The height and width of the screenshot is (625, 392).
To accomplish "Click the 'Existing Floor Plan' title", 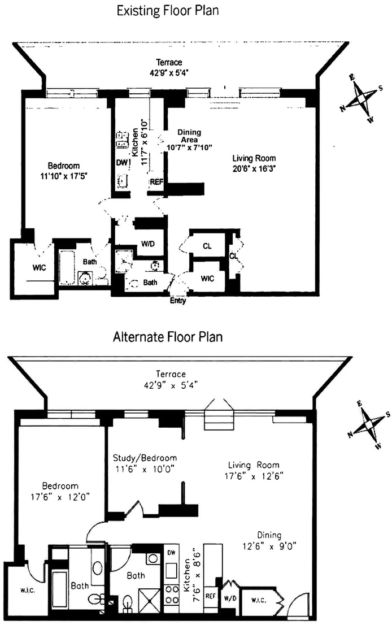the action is click(x=167, y=11).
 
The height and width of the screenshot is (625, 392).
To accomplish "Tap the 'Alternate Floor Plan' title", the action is click(x=168, y=337).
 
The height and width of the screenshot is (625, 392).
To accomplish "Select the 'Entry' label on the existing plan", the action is click(x=178, y=301).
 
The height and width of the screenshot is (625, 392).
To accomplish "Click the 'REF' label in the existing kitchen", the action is click(x=156, y=182).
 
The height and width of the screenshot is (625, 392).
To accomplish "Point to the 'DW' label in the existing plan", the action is click(x=122, y=163).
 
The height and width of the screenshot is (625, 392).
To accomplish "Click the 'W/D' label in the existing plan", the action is click(x=148, y=244).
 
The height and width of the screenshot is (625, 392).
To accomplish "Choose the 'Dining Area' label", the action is click(x=189, y=136).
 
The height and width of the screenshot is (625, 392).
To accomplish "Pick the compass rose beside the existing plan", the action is click(x=361, y=98).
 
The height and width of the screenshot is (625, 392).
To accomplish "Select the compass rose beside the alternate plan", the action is click(x=370, y=426).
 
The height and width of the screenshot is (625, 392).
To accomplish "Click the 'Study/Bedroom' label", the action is click(x=145, y=458).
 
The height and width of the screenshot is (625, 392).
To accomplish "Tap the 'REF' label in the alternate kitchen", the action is click(x=210, y=596).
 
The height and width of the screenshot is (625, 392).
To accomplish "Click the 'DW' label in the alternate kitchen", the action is click(x=171, y=553).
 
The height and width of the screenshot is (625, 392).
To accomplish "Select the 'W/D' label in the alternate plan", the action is click(x=230, y=598).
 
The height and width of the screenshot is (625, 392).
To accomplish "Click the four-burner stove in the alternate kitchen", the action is click(x=172, y=594).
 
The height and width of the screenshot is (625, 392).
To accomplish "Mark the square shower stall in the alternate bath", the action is click(x=149, y=600).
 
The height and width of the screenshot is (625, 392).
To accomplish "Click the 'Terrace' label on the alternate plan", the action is click(x=171, y=374).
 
